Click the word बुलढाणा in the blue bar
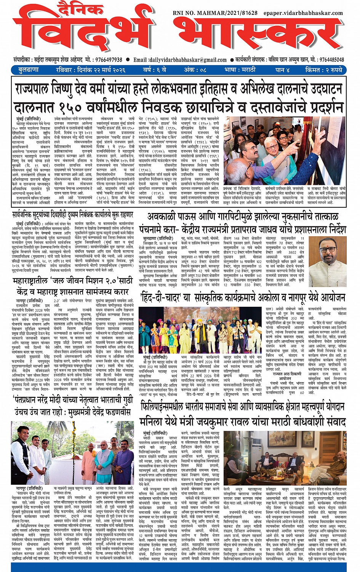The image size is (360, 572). pos(29,70)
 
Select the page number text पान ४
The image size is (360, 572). pos(283,70)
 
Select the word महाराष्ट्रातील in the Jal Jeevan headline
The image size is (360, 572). pos(36,282)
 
